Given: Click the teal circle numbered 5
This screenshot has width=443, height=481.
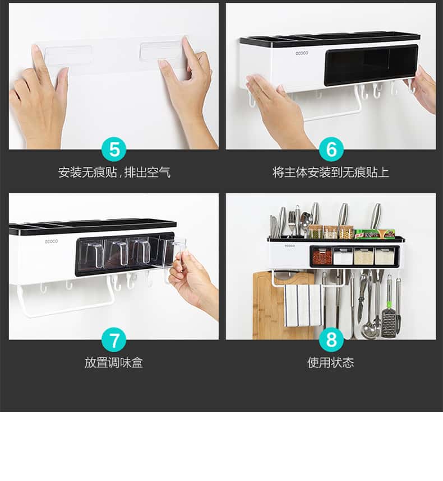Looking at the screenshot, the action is point(114,150).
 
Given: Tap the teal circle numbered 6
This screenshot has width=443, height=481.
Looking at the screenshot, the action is point(331,150).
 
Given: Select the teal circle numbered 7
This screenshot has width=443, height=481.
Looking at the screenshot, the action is point(114,340).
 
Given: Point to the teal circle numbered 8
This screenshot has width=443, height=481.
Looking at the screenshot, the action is point(331,340).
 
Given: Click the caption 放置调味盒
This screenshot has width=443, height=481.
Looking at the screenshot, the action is point(114,363).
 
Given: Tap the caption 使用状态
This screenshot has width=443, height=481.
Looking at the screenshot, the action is point(331,363).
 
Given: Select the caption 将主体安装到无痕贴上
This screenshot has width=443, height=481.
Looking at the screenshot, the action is point(331,172).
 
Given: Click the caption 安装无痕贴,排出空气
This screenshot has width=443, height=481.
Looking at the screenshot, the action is point(114,172).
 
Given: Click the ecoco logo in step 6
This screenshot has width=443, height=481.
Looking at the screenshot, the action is point(302,53).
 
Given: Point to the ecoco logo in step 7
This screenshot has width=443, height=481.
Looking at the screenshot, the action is point(51,241).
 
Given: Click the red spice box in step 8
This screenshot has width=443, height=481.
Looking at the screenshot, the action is point(322,256).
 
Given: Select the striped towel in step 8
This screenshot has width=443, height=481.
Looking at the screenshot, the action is point(303,306).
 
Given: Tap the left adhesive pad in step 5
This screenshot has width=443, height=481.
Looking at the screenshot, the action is point(68,55).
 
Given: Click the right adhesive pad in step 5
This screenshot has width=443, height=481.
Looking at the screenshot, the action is point(161,50).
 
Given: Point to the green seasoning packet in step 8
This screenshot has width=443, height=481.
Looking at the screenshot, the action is point(367,234).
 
